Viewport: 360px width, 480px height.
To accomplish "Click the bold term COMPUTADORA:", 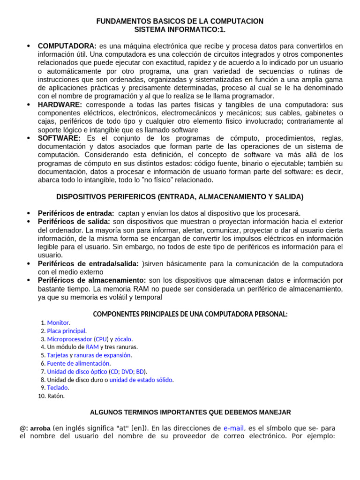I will pos(67,46).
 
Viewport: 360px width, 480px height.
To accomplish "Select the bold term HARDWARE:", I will pos(60,105).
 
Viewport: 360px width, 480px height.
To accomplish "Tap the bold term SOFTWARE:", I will pos(59,138).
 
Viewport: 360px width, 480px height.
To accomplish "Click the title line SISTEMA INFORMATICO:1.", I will pos(180,30).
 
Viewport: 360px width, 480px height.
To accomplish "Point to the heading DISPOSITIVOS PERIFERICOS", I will pos(180,196).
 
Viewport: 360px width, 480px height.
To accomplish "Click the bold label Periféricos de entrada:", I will pos(76,213).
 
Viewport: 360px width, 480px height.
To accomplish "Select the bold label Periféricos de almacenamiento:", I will pos(92,280).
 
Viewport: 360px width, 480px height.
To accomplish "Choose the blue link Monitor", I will pos(58,322).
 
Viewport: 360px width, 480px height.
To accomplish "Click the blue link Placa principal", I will pos(66,331).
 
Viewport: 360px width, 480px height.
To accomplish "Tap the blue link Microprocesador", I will pos(69,339).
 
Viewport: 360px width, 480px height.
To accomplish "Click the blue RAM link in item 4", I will pos(92,347).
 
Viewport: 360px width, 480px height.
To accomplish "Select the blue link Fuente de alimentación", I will pos(78,363).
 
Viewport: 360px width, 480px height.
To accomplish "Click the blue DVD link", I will pos(127,371).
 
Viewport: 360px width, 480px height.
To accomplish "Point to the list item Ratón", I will pos(56,396).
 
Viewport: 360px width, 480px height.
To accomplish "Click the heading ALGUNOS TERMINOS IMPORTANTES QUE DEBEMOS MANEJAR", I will pos(190,412).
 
